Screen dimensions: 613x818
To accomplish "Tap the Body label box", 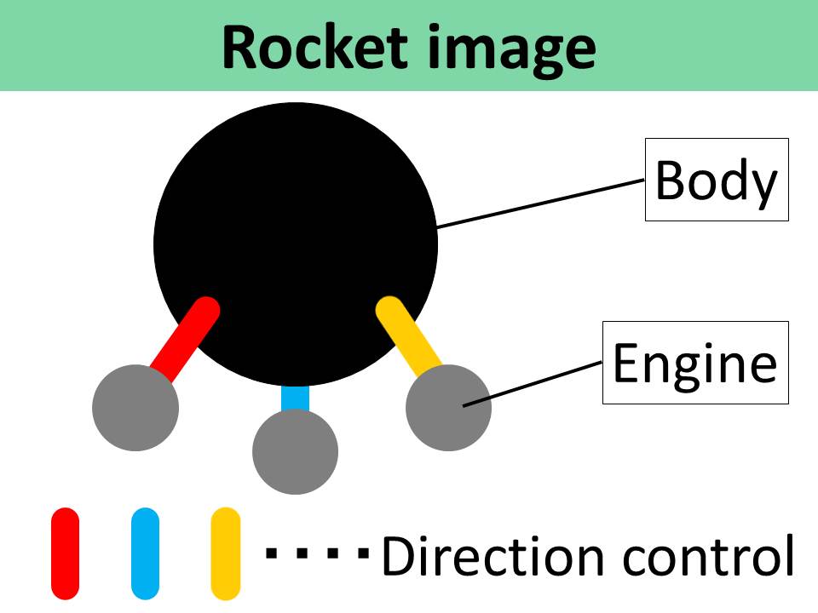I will pos(716,180).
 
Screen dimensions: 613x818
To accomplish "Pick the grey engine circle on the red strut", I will pos(135,408).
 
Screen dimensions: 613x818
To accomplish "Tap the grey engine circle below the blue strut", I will pos(295,452).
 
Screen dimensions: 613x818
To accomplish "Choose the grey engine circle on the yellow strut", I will pos(449,408).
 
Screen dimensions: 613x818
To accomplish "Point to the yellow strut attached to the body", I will pos(407,336).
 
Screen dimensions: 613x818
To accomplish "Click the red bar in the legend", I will pos(65,553).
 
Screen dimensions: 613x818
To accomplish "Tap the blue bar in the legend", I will pos(146,553).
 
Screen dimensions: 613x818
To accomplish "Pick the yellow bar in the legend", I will pos(225,553).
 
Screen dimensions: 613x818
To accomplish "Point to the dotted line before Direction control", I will pos(318,553).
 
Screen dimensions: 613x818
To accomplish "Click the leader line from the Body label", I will pos(540,203).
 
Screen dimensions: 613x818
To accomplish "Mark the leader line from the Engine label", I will pos(533,383).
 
